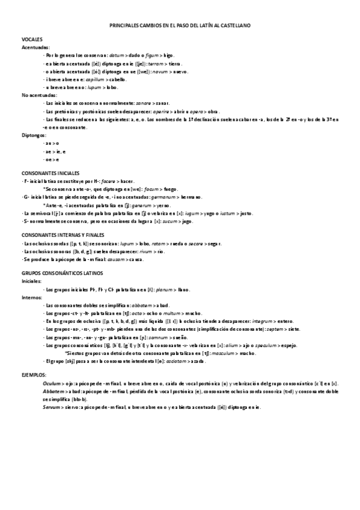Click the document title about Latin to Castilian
180,26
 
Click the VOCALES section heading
32,39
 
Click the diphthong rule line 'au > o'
52,143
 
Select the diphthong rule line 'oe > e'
52,159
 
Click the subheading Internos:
32,298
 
